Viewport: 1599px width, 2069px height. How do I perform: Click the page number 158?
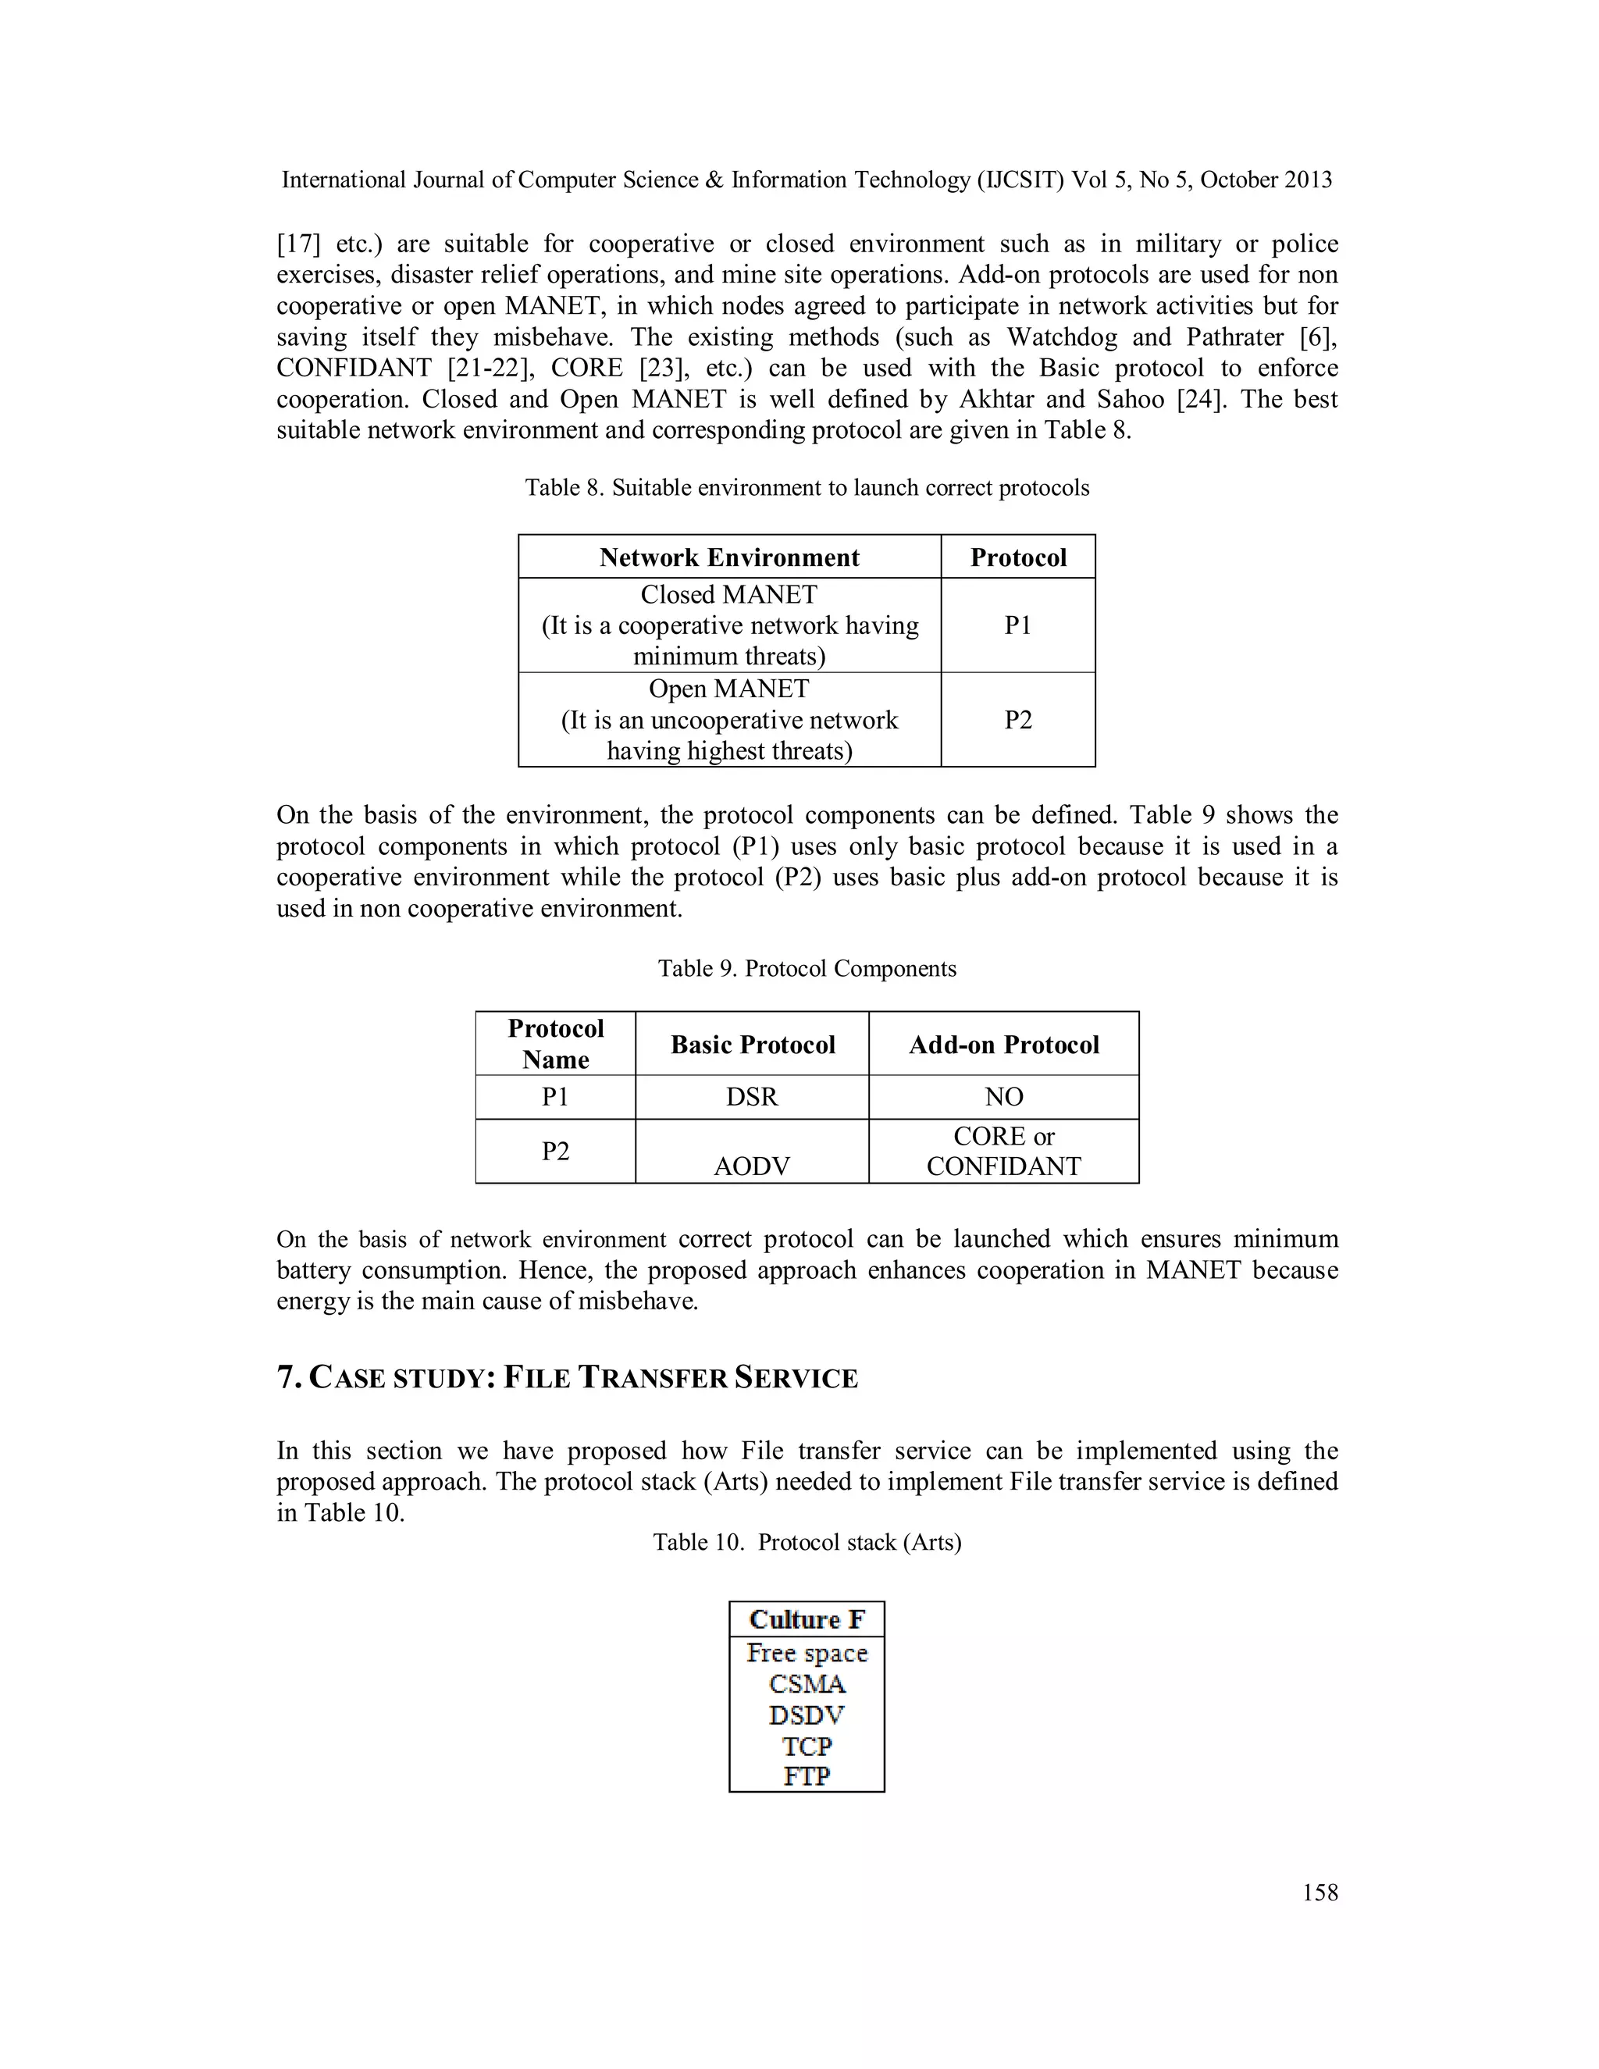pyautogui.click(x=1319, y=1893)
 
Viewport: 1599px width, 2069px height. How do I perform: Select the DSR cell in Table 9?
pyautogui.click(x=751, y=1097)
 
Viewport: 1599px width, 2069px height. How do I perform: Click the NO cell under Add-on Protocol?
pyautogui.click(x=1003, y=1097)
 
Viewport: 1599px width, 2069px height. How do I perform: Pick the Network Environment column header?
pyautogui.click(x=728, y=557)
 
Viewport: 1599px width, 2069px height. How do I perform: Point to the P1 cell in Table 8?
pyautogui.click(x=1017, y=625)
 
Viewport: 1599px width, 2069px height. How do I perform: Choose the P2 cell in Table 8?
pyautogui.click(x=1017, y=720)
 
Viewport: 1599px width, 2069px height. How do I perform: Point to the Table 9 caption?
pyautogui.click(x=807, y=968)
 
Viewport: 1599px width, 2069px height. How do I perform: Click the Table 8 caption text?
pyautogui.click(x=807, y=488)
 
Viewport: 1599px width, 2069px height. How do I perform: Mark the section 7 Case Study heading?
pyautogui.click(x=567, y=1378)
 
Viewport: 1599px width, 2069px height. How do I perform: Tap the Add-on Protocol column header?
pyautogui.click(x=1003, y=1045)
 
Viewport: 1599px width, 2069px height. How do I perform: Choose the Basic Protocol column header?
pyautogui.click(x=752, y=1045)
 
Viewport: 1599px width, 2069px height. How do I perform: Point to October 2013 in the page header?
pyautogui.click(x=1266, y=180)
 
